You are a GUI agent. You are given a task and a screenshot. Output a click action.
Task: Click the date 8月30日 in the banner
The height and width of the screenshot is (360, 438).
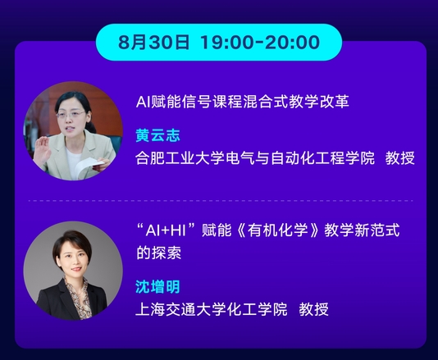[x=153, y=43]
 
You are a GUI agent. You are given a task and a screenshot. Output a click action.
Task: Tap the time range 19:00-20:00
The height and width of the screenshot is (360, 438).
[x=260, y=43]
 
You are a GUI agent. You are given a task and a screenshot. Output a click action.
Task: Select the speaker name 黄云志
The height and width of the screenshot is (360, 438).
[x=157, y=135]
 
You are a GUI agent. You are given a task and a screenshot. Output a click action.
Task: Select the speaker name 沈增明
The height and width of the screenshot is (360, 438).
[x=157, y=286]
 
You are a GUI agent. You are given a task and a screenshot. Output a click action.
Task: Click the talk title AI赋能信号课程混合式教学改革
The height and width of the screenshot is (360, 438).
[x=243, y=102]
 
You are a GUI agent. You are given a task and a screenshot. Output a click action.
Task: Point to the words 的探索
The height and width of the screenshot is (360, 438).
[x=158, y=253]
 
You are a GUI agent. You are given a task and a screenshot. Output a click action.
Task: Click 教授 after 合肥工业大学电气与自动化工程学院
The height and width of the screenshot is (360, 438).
[x=400, y=157]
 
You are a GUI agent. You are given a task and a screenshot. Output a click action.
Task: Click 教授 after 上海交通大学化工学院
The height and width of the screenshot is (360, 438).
[x=313, y=309]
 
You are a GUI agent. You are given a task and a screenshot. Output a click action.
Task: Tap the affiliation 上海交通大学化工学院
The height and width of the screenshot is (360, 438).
[x=212, y=309]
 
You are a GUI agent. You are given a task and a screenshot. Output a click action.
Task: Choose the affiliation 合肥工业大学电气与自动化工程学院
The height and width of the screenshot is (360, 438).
[x=255, y=157]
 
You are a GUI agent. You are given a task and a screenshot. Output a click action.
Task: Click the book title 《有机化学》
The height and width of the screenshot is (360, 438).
[x=278, y=230]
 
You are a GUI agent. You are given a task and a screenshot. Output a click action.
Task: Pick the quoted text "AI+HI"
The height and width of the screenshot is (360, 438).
[x=166, y=230]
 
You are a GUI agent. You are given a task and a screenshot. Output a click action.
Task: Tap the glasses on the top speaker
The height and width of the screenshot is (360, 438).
[x=71, y=114]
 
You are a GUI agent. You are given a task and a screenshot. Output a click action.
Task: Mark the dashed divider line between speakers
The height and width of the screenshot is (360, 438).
[x=221, y=201]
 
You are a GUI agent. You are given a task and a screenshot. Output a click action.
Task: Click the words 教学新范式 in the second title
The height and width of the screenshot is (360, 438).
[x=362, y=230]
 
